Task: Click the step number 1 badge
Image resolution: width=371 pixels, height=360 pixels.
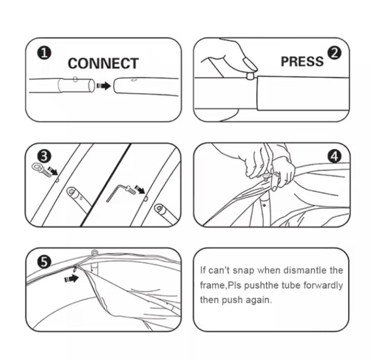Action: point(44,53)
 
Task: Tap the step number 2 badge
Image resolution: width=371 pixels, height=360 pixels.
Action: point(334,53)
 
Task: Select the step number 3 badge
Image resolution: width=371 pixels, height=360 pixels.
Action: point(44,156)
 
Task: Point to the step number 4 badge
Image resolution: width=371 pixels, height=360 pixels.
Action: point(334,156)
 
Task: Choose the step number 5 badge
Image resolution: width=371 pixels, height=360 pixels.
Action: point(44,262)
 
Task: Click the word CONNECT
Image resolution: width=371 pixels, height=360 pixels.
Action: point(103,63)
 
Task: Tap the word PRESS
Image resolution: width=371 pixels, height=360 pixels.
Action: point(302,61)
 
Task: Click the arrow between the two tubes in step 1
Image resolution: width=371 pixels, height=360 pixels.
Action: point(104,86)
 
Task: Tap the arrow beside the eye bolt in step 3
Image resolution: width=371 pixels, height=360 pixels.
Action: point(52,171)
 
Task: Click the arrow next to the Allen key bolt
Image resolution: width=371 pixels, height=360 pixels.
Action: point(140,189)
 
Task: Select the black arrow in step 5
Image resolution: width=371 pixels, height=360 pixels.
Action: point(71,278)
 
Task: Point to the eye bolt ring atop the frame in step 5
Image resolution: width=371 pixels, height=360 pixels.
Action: point(94,253)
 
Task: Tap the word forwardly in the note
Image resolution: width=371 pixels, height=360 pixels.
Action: point(323,285)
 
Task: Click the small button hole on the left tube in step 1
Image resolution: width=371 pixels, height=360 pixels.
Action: point(75,79)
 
